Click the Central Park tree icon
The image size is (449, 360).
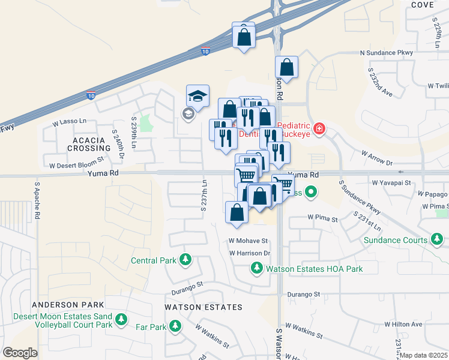pos(186,260)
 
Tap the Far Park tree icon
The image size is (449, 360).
pos(175,326)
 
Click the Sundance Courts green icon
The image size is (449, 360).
pos(437,240)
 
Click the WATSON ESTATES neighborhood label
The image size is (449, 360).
pos(203,307)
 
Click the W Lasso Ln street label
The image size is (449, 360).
pos(70,122)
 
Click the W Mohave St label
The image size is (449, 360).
pos(247,240)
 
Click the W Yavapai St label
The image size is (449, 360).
pos(391,181)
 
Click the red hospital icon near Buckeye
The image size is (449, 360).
pos(319,128)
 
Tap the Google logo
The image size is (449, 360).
pos(20,353)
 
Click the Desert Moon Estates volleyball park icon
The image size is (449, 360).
pos(122,318)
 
